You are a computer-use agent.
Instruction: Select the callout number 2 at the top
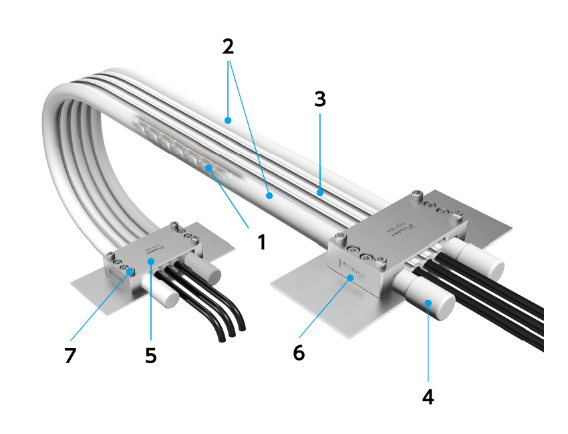[228, 47]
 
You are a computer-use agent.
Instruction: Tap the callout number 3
[320, 99]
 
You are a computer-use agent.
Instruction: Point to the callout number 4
[428, 396]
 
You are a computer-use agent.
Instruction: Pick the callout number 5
[151, 355]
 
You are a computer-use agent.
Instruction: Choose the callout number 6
[298, 352]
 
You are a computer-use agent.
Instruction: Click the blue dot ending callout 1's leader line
[209, 168]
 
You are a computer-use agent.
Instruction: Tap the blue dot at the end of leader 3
[320, 193]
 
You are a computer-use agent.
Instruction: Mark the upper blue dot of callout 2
[228, 121]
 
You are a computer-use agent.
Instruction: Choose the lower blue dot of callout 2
[269, 196]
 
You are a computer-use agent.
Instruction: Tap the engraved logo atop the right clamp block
[399, 228]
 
